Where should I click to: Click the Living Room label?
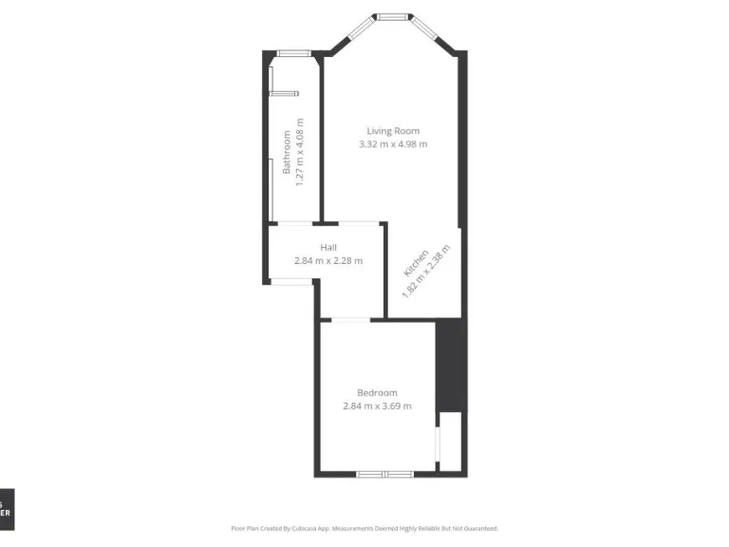393,131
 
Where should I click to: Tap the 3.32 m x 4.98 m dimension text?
393,144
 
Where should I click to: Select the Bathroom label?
286,152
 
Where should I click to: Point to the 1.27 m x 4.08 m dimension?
299,152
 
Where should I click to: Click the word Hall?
327,247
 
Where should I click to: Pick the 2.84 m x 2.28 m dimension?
327,260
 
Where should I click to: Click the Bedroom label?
377,392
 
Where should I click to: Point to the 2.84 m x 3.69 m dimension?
377,406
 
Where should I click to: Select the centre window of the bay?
392,16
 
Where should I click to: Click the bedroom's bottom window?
385,473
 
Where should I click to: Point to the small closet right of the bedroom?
450,442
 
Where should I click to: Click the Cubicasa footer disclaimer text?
364,528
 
